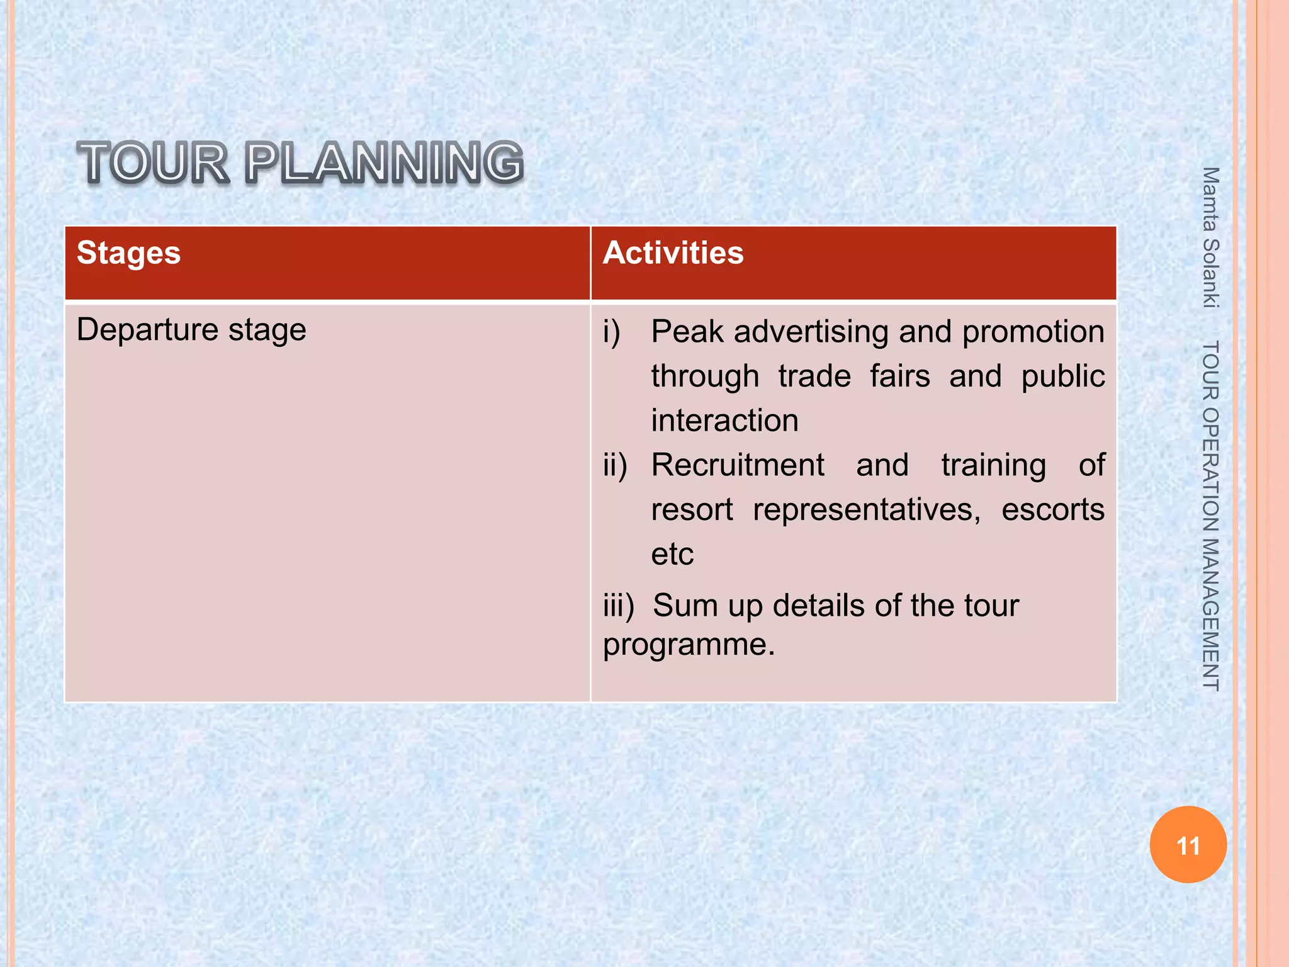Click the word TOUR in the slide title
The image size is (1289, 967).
point(152,163)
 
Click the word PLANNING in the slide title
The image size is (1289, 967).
point(384,163)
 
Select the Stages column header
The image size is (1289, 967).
point(128,253)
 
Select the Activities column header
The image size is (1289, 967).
point(673,253)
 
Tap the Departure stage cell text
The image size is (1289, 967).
point(191,330)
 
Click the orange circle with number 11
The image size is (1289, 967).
point(1188,845)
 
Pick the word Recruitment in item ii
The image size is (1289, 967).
point(738,465)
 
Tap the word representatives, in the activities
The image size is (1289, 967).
point(867,509)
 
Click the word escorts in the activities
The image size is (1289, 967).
point(1052,509)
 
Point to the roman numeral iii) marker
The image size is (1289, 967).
point(619,606)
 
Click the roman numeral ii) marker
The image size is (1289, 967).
point(615,465)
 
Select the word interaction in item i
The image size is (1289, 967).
point(724,421)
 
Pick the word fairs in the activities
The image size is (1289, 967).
point(899,376)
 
